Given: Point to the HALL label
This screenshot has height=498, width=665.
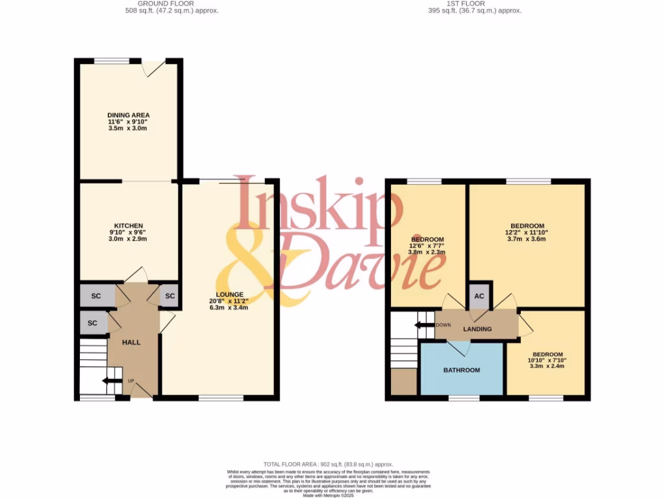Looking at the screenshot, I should (131, 342).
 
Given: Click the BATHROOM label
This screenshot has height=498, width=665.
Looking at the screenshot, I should (462, 370).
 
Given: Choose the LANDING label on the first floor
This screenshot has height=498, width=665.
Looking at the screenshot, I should (477, 329).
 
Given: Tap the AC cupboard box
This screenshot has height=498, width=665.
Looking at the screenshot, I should (479, 296).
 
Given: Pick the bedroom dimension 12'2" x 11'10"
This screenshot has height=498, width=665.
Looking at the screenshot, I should (526, 232).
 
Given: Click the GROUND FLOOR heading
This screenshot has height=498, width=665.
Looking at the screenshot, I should (172, 3).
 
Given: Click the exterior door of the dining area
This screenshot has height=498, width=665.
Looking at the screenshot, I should (154, 67).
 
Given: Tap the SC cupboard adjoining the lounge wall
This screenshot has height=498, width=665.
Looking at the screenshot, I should (169, 296).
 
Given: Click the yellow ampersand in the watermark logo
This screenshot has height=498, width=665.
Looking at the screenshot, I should (253, 259).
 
